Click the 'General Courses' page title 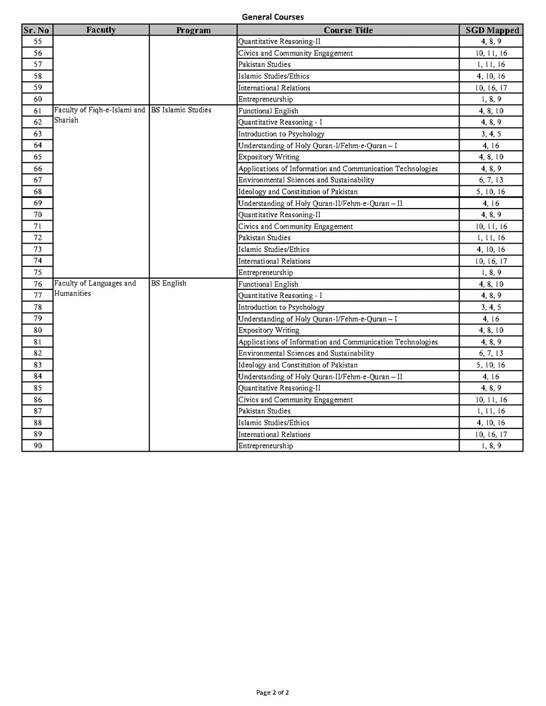272,17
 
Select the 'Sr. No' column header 37,30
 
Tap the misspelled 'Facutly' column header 101,30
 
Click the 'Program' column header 193,30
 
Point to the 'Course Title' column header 348,30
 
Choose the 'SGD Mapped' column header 492,30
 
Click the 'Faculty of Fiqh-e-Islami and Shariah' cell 99,115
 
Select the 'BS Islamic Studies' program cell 181,110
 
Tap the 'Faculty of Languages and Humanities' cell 95,288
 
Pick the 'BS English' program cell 169,283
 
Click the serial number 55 38,41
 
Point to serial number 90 38,446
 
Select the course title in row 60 266,99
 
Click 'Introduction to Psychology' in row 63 281,134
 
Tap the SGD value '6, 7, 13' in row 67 491,180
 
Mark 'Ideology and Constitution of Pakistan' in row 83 297,365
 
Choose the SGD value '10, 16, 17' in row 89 491,434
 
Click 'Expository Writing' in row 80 269,330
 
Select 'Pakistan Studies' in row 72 265,238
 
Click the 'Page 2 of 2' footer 272,692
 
